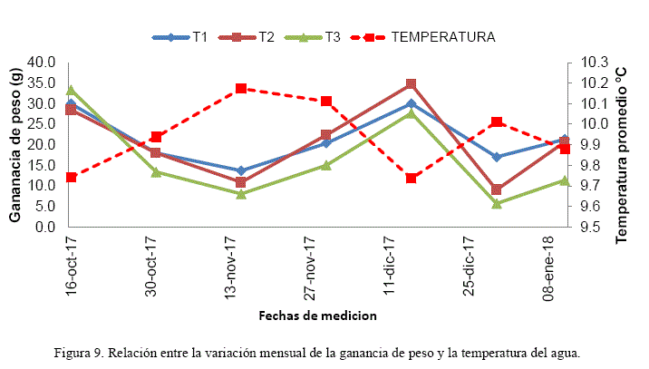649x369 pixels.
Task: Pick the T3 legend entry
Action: coord(331,37)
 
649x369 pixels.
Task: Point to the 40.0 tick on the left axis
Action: coord(42,63)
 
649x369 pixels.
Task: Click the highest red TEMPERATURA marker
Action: coord(241,89)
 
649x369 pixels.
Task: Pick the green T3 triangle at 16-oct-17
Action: coord(71,91)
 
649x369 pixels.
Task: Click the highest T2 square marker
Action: coord(411,84)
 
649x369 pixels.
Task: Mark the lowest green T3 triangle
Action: coord(497,203)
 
